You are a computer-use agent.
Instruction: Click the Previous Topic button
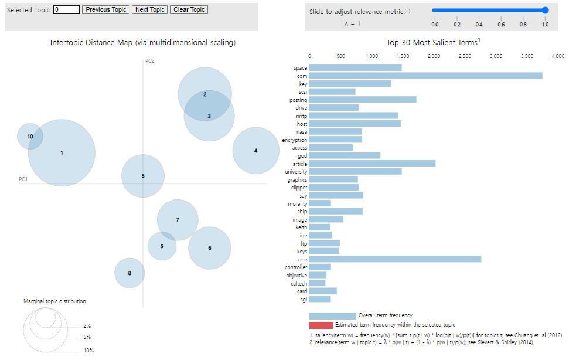pos(105,10)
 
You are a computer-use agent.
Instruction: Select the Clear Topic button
pos(189,10)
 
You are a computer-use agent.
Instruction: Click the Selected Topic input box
pos(66,10)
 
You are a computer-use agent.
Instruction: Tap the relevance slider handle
pos(545,10)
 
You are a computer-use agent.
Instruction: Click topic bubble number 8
pos(129,273)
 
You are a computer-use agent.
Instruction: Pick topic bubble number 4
pos(255,151)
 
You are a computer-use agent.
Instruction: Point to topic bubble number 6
pos(210,248)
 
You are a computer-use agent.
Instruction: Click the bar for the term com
pos(425,76)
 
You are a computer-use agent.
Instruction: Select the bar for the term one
pos(395,259)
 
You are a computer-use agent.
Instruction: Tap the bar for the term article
pos(372,164)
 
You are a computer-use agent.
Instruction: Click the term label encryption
pos(294,140)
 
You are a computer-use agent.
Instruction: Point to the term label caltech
pos(299,283)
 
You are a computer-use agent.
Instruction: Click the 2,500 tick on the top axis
pos(465,56)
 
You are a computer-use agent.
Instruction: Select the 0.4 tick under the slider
pos(479,24)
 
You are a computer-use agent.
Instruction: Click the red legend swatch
pos(321,325)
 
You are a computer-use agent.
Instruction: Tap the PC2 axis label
pos(150,60)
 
